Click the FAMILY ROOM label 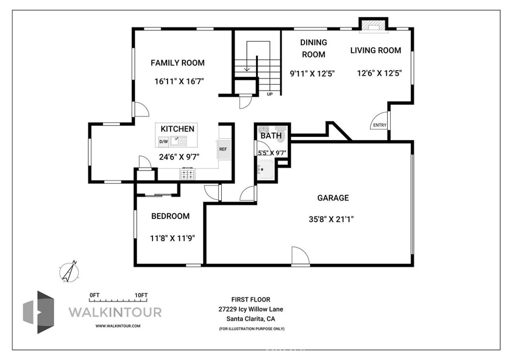[x=177, y=63]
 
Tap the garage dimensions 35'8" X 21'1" [x=331, y=219]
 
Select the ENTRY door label [x=380, y=125]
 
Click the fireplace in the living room [x=373, y=25]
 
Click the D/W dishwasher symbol [x=163, y=142]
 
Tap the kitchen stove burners [x=187, y=174]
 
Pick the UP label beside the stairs [x=270, y=94]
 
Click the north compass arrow [x=70, y=271]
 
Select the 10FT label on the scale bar [x=141, y=295]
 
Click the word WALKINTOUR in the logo [x=115, y=312]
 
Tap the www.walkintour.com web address [x=118, y=326]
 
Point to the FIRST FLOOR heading [x=251, y=300]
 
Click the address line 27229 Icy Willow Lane [x=251, y=309]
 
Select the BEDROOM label [x=170, y=216]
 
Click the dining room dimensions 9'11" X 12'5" [x=312, y=74]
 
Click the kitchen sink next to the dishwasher [x=178, y=141]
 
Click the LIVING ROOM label [x=376, y=50]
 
